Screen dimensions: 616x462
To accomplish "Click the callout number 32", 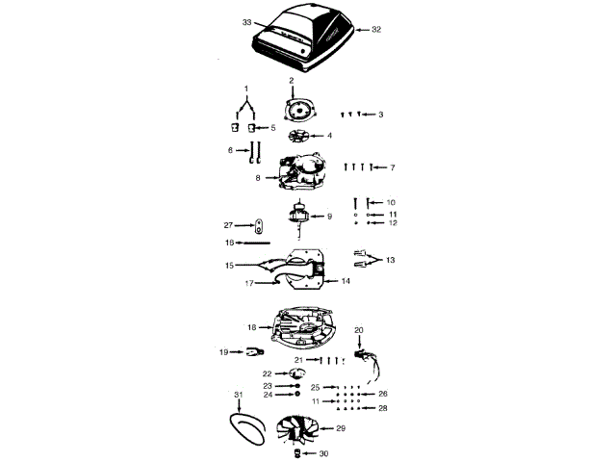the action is pyautogui.click(x=376, y=30).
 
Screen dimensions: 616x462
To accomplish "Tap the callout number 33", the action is pyautogui.click(x=247, y=21).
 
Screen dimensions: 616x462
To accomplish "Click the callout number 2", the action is pyautogui.click(x=291, y=80).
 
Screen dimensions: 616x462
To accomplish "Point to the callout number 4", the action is pyautogui.click(x=329, y=136).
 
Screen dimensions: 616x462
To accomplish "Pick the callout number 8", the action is pyautogui.click(x=258, y=178).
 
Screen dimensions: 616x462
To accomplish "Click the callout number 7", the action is pyautogui.click(x=392, y=168).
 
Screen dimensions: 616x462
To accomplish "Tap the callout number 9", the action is pyautogui.click(x=329, y=216).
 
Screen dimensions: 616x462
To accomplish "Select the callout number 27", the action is pyautogui.click(x=229, y=225).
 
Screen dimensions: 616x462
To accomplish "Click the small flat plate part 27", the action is pyautogui.click(x=259, y=227).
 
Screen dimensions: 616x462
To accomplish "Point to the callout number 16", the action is pyautogui.click(x=229, y=243).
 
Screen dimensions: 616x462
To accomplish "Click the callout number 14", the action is pyautogui.click(x=346, y=281).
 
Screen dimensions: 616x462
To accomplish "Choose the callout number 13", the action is pyautogui.click(x=391, y=260).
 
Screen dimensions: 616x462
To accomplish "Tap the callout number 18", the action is pyautogui.click(x=251, y=327).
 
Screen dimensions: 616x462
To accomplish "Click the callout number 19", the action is pyautogui.click(x=223, y=352).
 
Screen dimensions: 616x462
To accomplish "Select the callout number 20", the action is pyautogui.click(x=359, y=330).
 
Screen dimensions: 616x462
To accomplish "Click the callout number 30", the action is pyautogui.click(x=323, y=452).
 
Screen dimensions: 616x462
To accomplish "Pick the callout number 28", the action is pyautogui.click(x=383, y=409).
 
